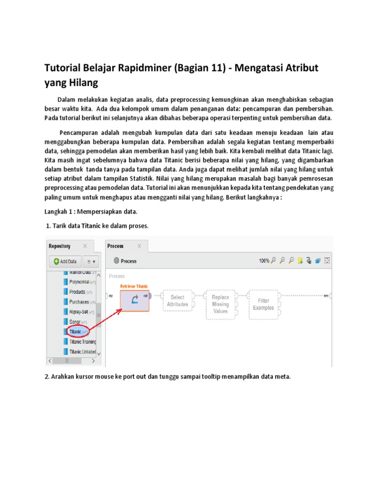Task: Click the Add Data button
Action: (64, 261)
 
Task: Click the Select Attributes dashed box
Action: (177, 301)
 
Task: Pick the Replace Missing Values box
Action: (220, 304)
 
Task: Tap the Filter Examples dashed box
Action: (264, 304)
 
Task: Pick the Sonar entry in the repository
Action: (75, 321)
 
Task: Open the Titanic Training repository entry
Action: (82, 342)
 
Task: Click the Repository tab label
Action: (60, 246)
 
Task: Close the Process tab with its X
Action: (139, 246)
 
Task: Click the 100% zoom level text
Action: (264, 261)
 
